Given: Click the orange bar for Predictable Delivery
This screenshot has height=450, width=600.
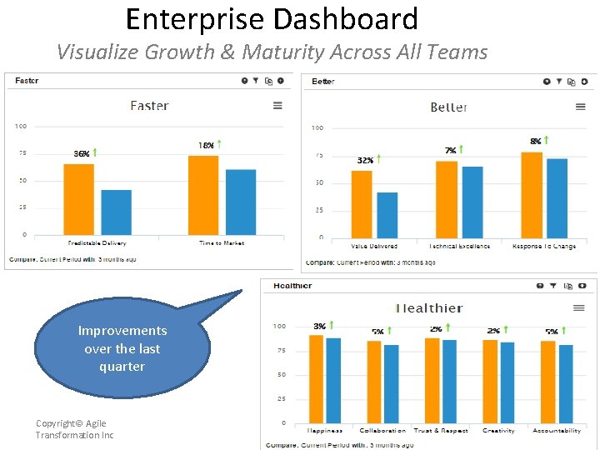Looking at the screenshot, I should point(78,199).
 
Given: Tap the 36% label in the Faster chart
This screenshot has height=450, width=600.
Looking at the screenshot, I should point(82,153).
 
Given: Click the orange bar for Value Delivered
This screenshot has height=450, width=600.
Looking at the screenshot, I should point(361,204).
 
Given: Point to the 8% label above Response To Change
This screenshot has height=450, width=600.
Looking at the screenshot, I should point(535,142).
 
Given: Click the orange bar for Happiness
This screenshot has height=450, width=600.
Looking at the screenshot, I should point(316,379).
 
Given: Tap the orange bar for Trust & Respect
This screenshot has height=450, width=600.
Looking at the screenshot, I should point(432,380).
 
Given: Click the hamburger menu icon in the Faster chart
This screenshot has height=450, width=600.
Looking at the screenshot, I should point(277,106).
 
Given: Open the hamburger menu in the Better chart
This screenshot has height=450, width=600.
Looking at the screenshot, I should point(580,107).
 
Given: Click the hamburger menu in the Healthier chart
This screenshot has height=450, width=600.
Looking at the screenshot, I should point(579,308).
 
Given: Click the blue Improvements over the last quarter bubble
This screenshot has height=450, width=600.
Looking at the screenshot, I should point(122,349).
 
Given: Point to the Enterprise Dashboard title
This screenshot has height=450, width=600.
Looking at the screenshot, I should point(272,18).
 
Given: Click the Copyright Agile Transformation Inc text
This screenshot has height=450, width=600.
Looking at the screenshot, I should point(74,429).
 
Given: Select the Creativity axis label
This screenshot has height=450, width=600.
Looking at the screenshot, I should point(498,431).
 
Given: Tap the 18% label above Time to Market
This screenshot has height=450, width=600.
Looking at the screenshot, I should point(206,145).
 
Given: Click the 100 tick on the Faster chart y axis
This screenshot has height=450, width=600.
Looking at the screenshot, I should point(20,126).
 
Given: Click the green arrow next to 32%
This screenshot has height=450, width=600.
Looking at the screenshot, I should point(379,158).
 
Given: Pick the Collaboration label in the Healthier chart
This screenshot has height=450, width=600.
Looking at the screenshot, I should point(382,431).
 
